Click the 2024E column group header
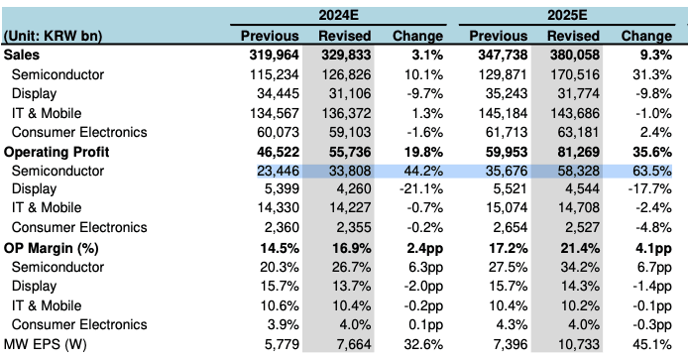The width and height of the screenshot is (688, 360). (x=338, y=15)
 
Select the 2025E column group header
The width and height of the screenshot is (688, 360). (x=567, y=15)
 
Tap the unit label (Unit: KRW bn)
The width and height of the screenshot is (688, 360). (x=53, y=36)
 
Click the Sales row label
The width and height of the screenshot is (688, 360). (x=22, y=55)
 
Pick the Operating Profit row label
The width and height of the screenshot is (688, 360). (x=57, y=152)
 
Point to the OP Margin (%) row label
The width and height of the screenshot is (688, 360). (x=51, y=249)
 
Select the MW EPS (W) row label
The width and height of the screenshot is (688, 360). (x=46, y=344)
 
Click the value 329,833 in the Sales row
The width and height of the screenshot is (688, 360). (x=346, y=55)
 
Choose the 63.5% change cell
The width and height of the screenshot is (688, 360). (x=652, y=171)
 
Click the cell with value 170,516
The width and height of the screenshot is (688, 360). (x=575, y=74)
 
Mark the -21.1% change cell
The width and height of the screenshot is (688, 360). (x=421, y=189)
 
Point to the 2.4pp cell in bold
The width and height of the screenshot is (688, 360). (x=424, y=249)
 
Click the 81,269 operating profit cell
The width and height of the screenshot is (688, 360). (x=574, y=152)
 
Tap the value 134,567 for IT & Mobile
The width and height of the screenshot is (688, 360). (x=275, y=113)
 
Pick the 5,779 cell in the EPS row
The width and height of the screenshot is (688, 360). (x=282, y=344)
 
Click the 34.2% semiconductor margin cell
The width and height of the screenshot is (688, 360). (x=580, y=267)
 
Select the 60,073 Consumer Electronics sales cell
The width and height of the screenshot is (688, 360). (x=279, y=132)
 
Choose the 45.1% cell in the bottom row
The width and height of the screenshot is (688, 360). (x=652, y=344)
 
